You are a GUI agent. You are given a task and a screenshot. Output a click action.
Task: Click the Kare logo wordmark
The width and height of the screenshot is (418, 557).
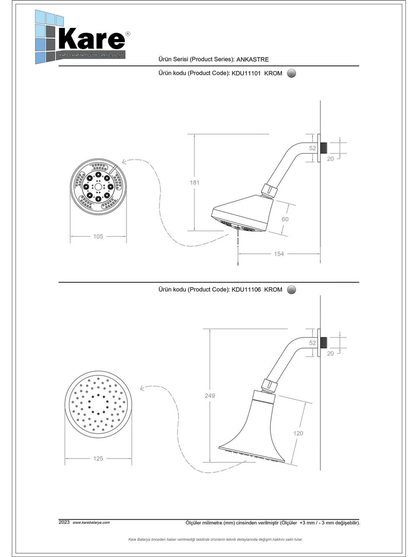(92, 39)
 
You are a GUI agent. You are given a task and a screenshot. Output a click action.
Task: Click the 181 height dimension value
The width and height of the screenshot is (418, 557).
(194, 183)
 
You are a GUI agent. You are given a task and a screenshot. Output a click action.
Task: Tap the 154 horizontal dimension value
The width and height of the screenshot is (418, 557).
(279, 254)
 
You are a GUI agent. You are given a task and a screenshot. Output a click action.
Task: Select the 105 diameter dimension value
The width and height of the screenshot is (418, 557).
(98, 237)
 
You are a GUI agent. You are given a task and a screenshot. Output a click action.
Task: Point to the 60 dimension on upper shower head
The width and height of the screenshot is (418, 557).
(285, 219)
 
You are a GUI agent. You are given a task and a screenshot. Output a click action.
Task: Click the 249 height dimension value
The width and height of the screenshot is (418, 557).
(210, 395)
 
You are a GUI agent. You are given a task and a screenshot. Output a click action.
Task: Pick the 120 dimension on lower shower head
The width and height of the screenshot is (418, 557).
(298, 433)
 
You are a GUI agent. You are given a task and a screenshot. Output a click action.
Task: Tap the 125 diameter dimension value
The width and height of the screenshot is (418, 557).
(98, 458)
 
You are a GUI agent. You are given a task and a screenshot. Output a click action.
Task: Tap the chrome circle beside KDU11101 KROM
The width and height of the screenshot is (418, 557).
(292, 73)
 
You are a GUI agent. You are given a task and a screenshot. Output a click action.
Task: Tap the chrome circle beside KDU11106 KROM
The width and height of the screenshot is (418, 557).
(292, 290)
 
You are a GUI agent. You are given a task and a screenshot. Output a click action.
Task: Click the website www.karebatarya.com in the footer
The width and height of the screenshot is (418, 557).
(91, 522)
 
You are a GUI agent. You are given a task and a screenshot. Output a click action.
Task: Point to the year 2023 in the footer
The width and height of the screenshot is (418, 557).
(64, 522)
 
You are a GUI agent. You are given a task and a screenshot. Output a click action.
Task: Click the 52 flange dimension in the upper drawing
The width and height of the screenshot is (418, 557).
(313, 148)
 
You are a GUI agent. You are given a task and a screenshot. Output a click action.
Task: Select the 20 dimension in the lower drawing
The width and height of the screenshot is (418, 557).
(330, 354)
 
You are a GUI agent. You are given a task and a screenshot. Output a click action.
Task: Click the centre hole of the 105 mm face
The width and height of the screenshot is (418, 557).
(98, 187)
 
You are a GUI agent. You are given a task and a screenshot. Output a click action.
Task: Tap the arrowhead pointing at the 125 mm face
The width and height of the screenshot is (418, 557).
(142, 389)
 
